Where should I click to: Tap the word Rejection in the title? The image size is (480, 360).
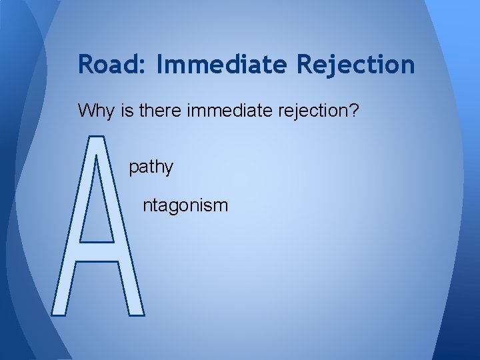355,65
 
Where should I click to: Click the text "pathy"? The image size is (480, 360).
151,167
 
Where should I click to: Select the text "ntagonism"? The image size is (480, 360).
185,206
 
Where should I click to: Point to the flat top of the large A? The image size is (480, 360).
96,139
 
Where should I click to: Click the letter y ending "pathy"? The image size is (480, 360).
169,169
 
